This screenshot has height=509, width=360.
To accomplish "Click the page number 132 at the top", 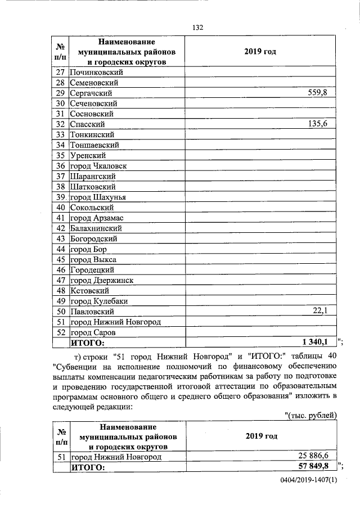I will pos(197,28).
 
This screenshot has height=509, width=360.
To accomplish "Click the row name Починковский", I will pos(96,73).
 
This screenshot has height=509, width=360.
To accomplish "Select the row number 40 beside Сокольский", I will pos(61,208).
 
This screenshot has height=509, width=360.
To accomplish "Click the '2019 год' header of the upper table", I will pos(260,52).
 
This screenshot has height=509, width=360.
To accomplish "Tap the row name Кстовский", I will pos(89,291).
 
